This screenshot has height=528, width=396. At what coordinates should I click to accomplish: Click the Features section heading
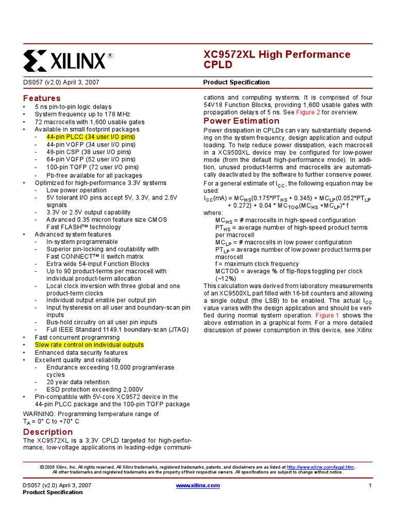tap(42, 98)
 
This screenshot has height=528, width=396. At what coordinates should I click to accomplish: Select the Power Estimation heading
tap(242, 121)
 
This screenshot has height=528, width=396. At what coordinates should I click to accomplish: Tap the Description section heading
tap(48, 432)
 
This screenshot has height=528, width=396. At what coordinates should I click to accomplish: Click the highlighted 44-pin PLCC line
tap(90, 137)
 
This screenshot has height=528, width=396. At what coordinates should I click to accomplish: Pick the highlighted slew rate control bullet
tap(89, 344)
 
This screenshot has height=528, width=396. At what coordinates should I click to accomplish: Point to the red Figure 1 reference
tap(327, 315)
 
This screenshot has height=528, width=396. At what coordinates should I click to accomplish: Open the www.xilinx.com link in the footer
tap(198, 485)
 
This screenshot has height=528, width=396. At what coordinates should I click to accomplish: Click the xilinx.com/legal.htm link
tap(320, 467)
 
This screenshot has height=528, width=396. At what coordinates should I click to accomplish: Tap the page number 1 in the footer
tap(370, 486)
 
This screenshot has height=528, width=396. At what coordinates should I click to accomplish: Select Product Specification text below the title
tap(236, 82)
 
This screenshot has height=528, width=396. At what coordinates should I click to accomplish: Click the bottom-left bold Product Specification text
tap(53, 492)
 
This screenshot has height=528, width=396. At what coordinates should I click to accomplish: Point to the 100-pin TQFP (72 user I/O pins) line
tap(92, 167)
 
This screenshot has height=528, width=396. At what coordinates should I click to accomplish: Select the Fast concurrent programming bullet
tap(77, 337)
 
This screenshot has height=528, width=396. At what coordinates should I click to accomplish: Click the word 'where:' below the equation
tap(213, 212)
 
